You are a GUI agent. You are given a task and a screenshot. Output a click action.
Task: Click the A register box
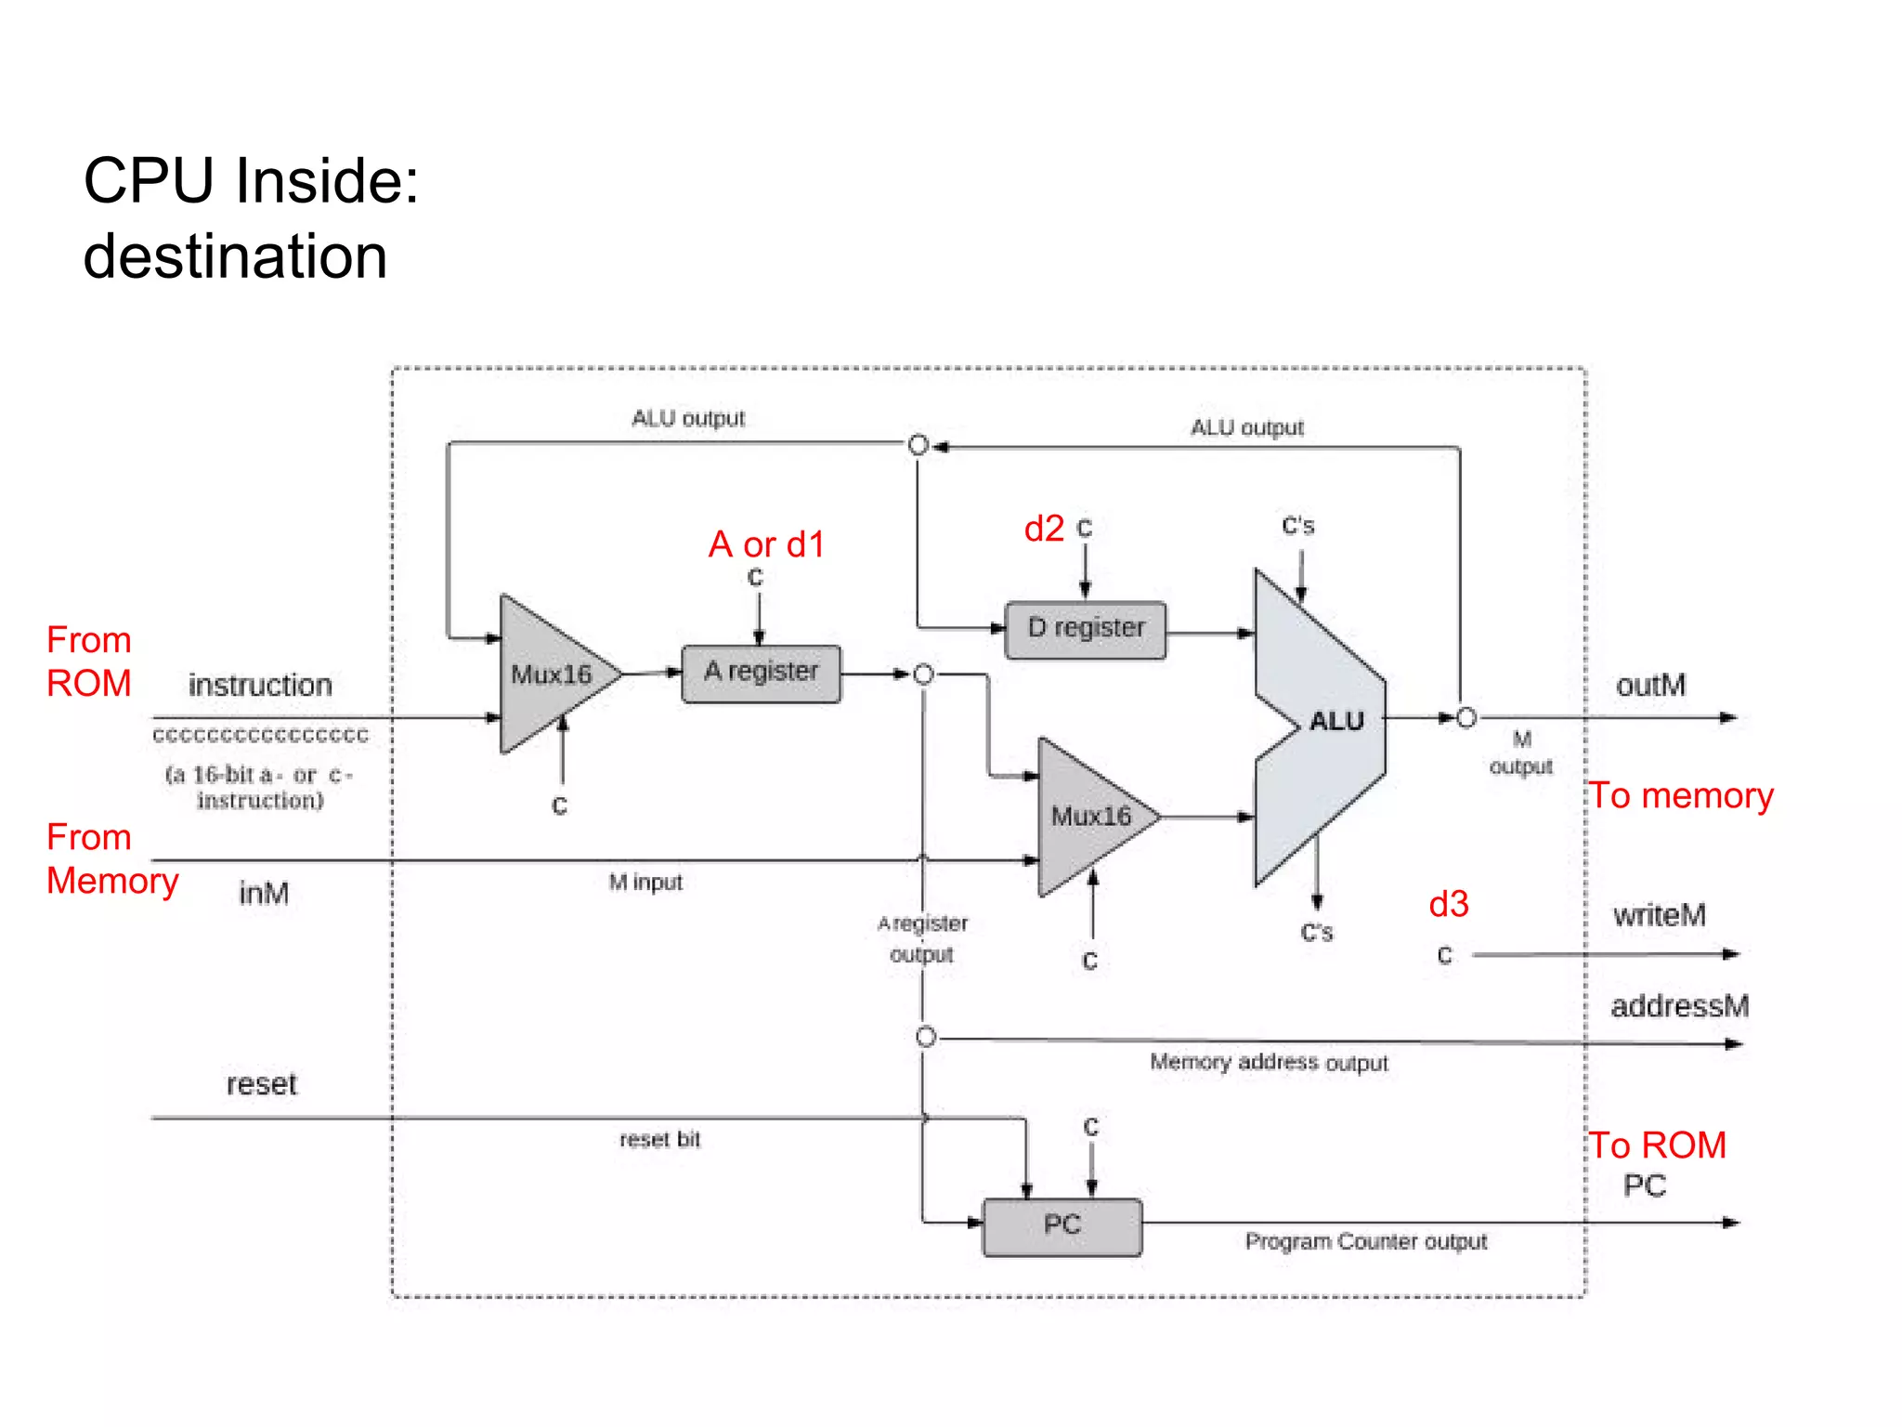pyautogui.click(x=761, y=674)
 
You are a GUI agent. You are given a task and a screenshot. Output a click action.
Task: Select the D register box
pyautogui.click(x=1085, y=630)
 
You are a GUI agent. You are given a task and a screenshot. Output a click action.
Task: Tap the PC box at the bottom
pyautogui.click(x=1062, y=1225)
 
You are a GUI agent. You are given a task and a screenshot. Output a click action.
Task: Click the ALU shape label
pyautogui.click(x=1335, y=721)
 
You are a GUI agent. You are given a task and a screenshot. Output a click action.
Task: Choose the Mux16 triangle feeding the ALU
pyautogui.click(x=1090, y=817)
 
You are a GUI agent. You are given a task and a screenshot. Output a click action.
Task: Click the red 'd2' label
pyautogui.click(x=1044, y=529)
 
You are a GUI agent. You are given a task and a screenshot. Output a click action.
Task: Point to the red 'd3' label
pyautogui.click(x=1448, y=904)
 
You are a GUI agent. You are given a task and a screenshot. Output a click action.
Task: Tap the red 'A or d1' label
pyautogui.click(x=766, y=544)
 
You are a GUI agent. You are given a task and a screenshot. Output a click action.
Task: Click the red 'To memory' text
pyautogui.click(x=1681, y=796)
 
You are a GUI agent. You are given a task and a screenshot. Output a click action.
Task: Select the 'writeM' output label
pyautogui.click(x=1659, y=915)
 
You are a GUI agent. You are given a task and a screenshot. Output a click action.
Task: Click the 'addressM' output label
pyautogui.click(x=1679, y=1006)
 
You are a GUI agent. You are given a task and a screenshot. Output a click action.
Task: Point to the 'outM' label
pyautogui.click(x=1650, y=686)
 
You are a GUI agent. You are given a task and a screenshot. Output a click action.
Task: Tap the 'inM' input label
pyautogui.click(x=264, y=894)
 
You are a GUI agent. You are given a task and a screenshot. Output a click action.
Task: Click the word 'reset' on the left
pyautogui.click(x=261, y=1084)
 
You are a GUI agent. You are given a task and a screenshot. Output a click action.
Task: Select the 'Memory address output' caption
pyautogui.click(x=1269, y=1062)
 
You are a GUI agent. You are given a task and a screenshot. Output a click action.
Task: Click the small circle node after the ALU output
pyautogui.click(x=1466, y=718)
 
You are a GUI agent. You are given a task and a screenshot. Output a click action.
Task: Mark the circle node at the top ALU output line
pyautogui.click(x=918, y=445)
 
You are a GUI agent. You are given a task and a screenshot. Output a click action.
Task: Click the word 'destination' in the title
pyautogui.click(x=235, y=257)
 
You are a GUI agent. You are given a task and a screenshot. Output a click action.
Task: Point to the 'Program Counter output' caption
pyautogui.click(x=1365, y=1242)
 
